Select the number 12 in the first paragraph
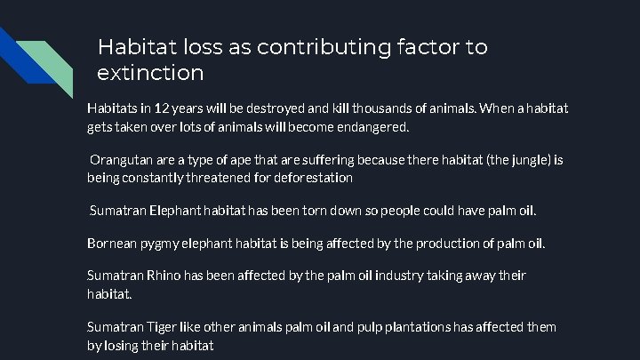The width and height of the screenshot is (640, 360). (161, 108)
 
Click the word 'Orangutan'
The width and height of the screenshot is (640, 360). (124, 160)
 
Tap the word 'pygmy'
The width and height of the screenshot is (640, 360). (163, 243)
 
